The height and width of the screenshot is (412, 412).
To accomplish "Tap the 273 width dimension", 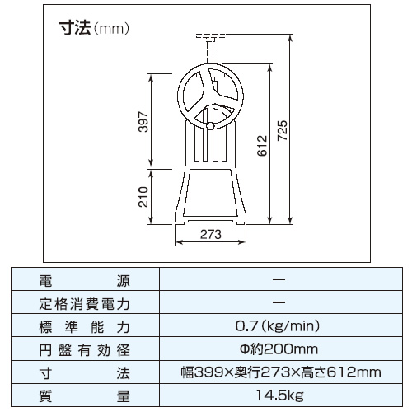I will [x=212, y=234].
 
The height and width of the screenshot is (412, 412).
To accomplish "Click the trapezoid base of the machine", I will [x=212, y=194].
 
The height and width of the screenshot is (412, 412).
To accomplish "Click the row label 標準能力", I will [x=84, y=325].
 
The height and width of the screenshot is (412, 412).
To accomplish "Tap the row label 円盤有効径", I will [x=84, y=349].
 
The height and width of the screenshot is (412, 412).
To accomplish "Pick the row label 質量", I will [x=84, y=396].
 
